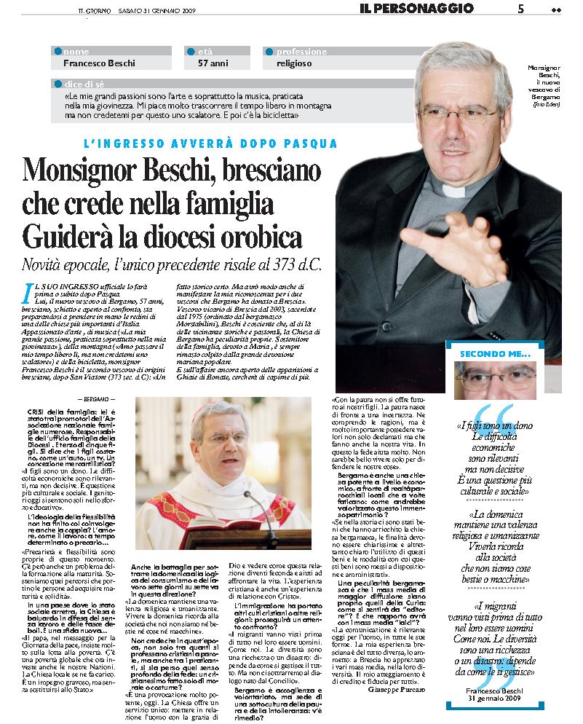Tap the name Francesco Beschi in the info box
(x=99, y=63)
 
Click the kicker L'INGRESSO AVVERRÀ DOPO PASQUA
(x=210, y=143)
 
